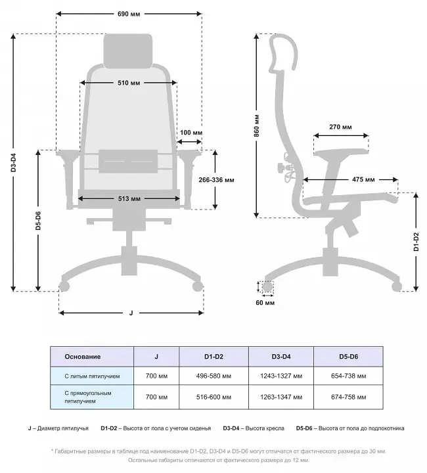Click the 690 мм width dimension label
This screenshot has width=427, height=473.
point(129,14)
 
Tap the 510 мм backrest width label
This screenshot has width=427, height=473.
point(129,83)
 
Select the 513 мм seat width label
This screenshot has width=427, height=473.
point(129,199)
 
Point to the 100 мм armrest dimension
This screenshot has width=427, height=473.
point(191,133)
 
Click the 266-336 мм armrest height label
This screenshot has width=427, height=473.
point(216,180)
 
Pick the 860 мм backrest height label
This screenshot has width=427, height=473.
point(256,125)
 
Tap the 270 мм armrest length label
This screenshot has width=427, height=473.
point(340,127)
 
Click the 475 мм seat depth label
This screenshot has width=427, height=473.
point(363,179)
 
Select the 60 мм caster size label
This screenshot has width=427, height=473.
point(265,303)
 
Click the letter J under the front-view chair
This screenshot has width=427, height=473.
point(131,313)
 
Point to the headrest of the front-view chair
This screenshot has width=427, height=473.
point(128,51)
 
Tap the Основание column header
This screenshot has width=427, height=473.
point(82,357)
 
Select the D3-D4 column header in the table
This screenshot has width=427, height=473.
point(281,357)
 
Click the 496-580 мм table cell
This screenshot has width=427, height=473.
point(213,376)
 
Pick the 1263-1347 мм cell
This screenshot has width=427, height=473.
point(281,397)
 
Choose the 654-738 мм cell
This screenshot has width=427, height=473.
point(349,376)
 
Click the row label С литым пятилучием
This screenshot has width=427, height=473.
point(92,376)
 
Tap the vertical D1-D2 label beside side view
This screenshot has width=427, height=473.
point(416,242)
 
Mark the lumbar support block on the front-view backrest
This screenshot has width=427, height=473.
point(128,161)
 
